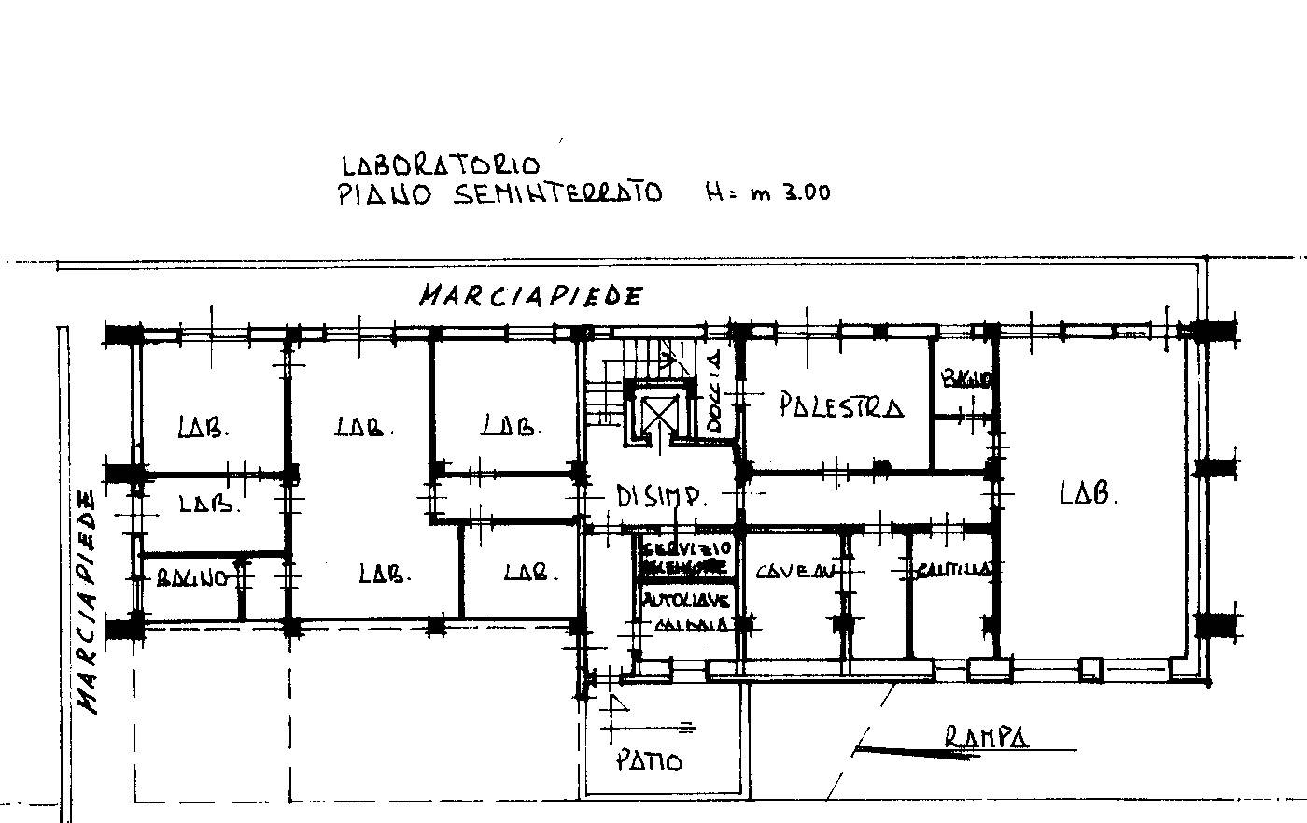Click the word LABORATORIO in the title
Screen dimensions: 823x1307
pos(441,165)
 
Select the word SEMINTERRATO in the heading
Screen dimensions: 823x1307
pos(556,194)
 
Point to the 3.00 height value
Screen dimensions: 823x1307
pos(799,193)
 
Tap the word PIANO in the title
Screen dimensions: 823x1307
pos(384,195)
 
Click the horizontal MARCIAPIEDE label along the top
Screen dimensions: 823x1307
pos(530,296)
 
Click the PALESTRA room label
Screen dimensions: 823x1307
pos(840,406)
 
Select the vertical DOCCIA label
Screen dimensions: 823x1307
pos(715,390)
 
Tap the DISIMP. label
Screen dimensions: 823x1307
pos(661,496)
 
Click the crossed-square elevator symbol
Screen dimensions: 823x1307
pos(660,412)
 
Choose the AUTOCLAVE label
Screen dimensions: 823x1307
pos(686,601)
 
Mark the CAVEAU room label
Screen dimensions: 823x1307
pos(796,571)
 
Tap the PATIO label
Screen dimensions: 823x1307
pos(649,760)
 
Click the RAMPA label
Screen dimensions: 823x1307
pos(986,737)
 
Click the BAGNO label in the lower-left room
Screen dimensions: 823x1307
pos(190,578)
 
